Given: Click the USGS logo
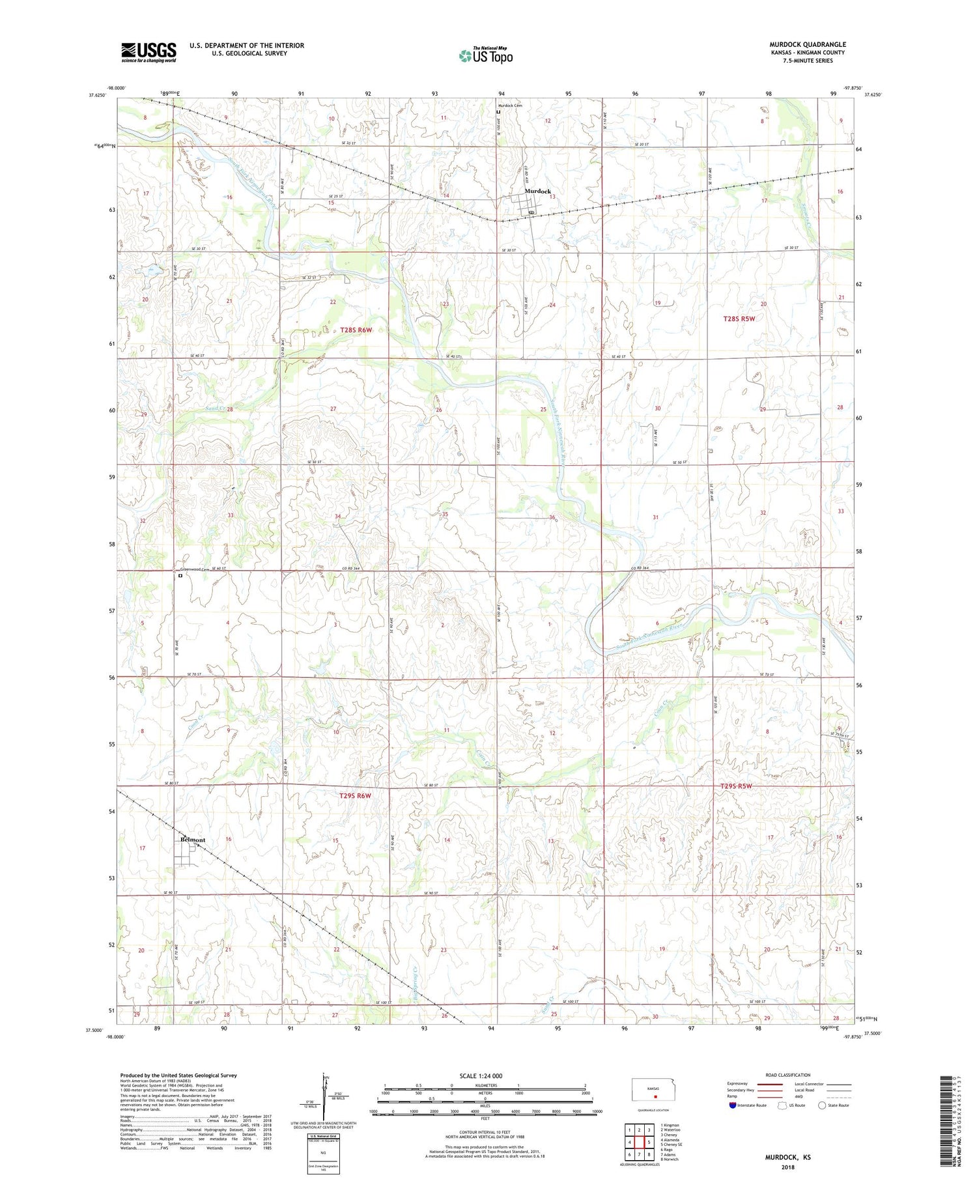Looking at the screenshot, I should (149, 52).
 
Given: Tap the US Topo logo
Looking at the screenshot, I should (485, 56).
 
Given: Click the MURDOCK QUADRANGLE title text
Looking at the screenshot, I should (807, 44).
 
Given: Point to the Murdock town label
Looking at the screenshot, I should (538, 192).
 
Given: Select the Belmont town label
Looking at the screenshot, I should (192, 840).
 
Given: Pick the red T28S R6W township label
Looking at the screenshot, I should (356, 330).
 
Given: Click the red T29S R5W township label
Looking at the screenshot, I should (736, 786).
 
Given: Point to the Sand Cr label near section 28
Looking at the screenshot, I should (214, 408).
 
